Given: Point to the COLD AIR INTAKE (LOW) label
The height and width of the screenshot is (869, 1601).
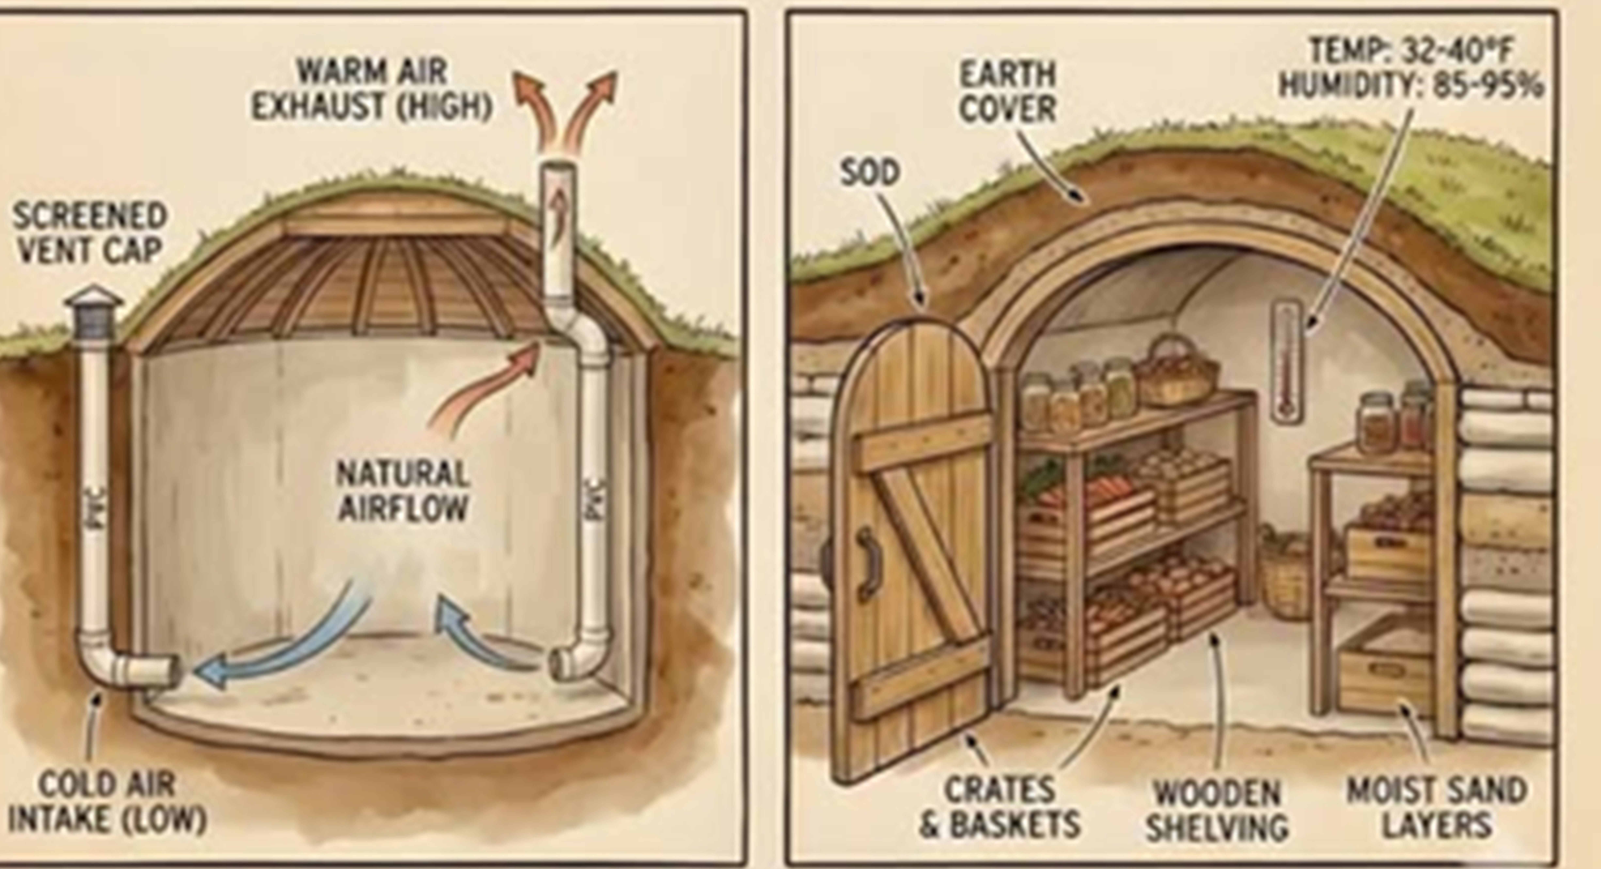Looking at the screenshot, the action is pos(107,802).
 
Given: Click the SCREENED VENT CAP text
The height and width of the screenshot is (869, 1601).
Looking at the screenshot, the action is pos(90,233).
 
